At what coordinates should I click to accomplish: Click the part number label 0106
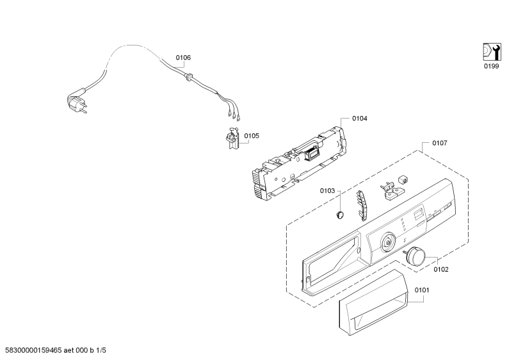[183, 58]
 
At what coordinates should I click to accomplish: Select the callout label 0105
[252, 136]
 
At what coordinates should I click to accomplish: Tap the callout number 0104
[360, 119]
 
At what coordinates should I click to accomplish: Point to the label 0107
[439, 143]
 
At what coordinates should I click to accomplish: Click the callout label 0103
[327, 191]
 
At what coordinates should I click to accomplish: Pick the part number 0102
[441, 269]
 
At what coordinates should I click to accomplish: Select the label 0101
[422, 290]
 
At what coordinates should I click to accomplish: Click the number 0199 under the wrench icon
[491, 66]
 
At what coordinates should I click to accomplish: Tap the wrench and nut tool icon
[492, 52]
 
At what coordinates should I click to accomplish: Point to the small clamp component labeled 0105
[232, 138]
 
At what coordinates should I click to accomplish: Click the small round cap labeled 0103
[339, 215]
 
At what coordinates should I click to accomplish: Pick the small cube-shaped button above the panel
[403, 179]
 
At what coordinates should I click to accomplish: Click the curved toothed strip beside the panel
[362, 206]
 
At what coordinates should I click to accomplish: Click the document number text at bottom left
[53, 350]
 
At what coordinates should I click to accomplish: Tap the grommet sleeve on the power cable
[188, 76]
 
